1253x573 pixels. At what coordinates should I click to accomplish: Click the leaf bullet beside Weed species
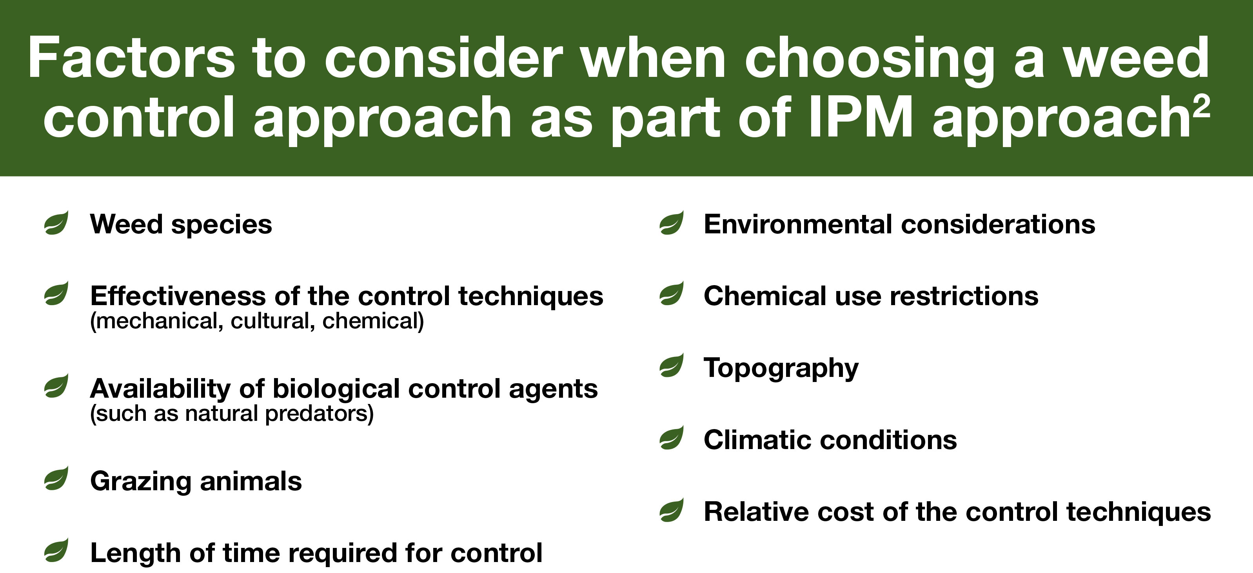(56, 223)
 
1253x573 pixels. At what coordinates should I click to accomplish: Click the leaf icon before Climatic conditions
(671, 437)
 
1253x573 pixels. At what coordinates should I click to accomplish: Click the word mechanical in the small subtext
(157, 321)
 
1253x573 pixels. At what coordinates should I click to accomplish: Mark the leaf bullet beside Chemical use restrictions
(671, 294)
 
